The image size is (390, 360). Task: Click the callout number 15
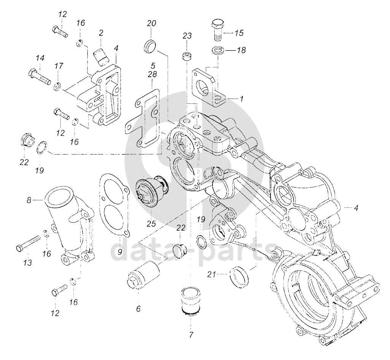[x=239, y=33]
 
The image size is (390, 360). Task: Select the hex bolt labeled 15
[x=218, y=29]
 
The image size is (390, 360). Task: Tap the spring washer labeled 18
[x=219, y=50]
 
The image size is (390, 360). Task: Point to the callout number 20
[x=151, y=24]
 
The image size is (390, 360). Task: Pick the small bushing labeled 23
[x=187, y=56]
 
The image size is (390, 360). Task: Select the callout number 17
[x=59, y=66]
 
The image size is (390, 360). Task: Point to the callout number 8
[x=29, y=200]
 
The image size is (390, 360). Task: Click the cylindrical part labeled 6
[x=144, y=275]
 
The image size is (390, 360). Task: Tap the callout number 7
[x=191, y=335]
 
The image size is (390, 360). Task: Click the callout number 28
[x=152, y=74]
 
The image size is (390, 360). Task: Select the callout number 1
[x=241, y=99]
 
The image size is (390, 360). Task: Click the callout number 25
[x=151, y=224]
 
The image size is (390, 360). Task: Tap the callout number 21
[x=212, y=274]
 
